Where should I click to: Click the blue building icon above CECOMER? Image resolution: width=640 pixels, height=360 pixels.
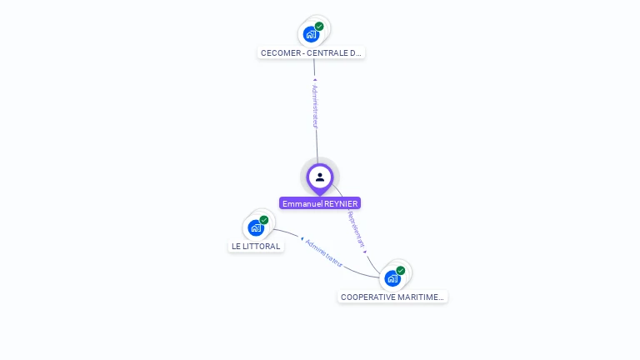[x=311, y=34]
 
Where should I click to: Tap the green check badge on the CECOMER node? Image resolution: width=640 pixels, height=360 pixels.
[x=319, y=27]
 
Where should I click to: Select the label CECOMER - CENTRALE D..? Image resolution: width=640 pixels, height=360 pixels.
[x=312, y=52]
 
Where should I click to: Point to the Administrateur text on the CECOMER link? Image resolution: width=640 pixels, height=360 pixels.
[x=315, y=105]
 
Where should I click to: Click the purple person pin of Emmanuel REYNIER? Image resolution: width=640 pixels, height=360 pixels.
[x=320, y=177]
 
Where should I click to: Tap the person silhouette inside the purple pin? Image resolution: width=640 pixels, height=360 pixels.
[x=320, y=177]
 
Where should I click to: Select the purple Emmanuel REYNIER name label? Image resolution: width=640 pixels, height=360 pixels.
[x=320, y=203]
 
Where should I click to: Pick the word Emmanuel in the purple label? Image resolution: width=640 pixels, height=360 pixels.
[x=301, y=203]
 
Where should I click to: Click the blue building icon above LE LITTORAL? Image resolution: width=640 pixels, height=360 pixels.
[x=256, y=227]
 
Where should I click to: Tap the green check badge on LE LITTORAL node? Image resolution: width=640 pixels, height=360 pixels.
[x=264, y=220]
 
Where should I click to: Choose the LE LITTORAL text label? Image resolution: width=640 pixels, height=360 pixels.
[x=256, y=246]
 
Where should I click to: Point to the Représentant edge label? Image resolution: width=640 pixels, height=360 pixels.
[x=356, y=228]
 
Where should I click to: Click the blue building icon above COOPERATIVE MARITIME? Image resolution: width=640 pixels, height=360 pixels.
[x=392, y=278]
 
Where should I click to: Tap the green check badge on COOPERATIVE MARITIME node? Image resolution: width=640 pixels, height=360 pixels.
[x=401, y=271]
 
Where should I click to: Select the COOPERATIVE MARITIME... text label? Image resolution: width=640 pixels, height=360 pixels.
[x=392, y=297]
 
